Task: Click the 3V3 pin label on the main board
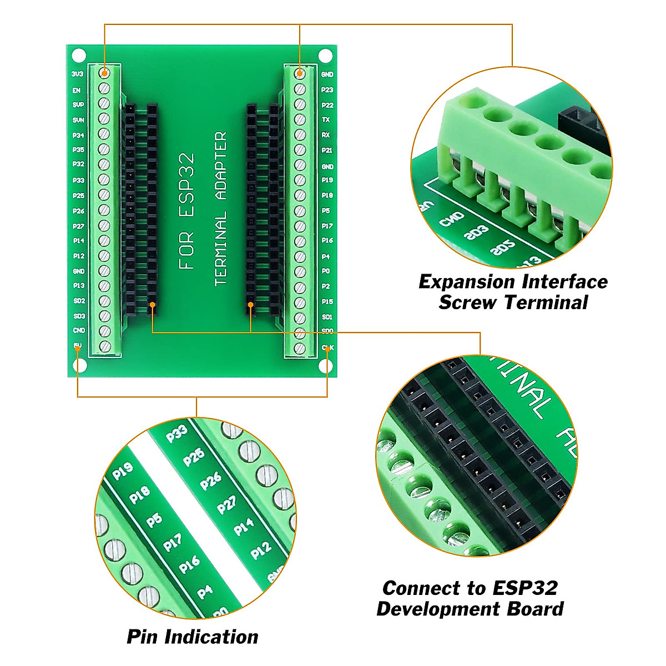(x=77, y=74)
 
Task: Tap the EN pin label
(x=77, y=90)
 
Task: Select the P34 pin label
(x=78, y=135)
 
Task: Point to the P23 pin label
(x=327, y=90)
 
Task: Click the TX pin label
(x=326, y=120)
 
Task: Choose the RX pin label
(x=326, y=135)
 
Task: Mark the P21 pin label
(x=327, y=150)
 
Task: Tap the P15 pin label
(x=327, y=301)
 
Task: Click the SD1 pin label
(x=327, y=317)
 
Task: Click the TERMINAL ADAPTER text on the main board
(x=221, y=208)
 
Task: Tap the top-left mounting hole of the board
(x=79, y=56)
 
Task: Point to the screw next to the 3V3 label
(x=104, y=73)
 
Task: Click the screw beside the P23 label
(x=300, y=89)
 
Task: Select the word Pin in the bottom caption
(x=142, y=637)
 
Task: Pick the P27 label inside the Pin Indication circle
(x=226, y=504)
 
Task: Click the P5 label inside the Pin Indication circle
(x=154, y=520)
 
